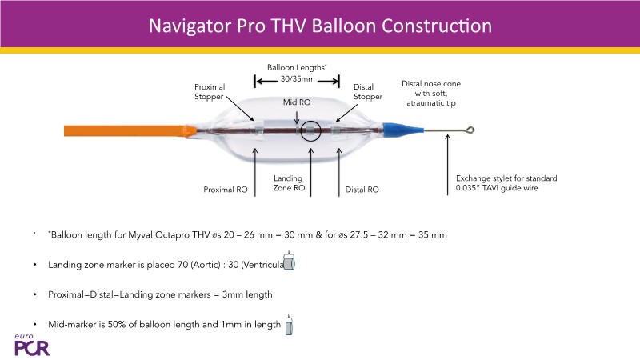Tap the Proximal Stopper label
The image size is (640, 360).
[210, 92]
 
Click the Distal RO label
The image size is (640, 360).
[362, 190]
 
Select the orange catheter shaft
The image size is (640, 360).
[120, 129]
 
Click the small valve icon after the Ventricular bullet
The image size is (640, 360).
[290, 264]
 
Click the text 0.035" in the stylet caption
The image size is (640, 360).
[468, 190]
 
